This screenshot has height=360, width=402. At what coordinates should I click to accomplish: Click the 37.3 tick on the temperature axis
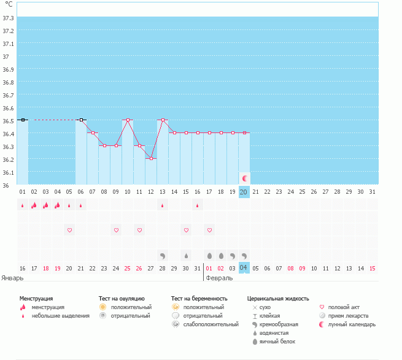pyautogui.click(x=9, y=18)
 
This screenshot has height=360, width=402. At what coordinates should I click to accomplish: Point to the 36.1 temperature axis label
pyautogui.click(x=9, y=172)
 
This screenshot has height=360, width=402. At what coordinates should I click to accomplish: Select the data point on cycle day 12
pyautogui.click(x=151, y=158)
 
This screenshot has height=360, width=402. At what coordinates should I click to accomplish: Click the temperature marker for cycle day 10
pyautogui.click(x=128, y=120)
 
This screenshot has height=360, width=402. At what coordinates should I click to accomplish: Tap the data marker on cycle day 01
pyautogui.click(x=23, y=120)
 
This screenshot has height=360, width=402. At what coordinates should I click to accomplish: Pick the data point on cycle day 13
pyautogui.click(x=163, y=120)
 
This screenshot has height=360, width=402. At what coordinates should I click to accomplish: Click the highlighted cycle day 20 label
pyautogui.click(x=244, y=192)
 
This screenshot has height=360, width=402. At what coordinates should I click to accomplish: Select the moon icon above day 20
pyautogui.click(x=244, y=178)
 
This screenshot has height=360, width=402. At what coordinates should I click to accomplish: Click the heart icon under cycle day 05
pyautogui.click(x=69, y=230)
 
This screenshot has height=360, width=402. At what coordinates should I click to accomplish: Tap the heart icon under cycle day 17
pyautogui.click(x=209, y=230)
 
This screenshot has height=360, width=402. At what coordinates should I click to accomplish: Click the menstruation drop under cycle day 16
pyautogui.click(x=198, y=205)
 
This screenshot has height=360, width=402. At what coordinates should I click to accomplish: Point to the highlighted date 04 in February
pyautogui.click(x=244, y=267)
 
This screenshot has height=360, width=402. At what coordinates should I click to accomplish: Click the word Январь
pyautogui.click(x=12, y=277)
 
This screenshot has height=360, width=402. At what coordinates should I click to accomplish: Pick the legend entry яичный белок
pyautogui.click(x=280, y=341)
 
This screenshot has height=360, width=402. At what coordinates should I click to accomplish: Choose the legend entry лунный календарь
pyautogui.click(x=352, y=324)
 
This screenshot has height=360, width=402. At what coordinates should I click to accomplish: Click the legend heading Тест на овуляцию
pyautogui.click(x=122, y=298)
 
